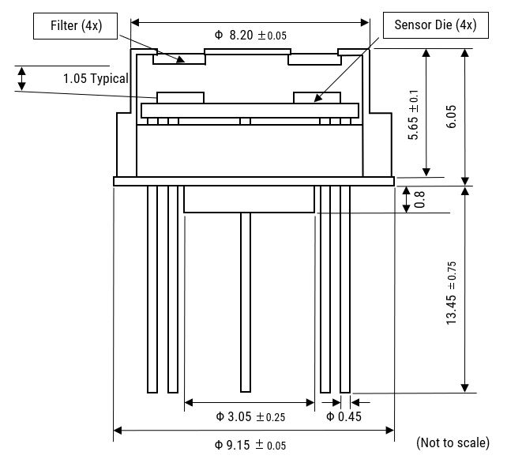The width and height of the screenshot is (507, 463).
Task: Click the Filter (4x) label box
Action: [75, 26]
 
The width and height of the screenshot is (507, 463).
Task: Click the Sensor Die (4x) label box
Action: [436, 25]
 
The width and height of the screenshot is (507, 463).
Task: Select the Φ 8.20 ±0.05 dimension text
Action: [250, 36]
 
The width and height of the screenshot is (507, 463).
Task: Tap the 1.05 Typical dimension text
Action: [96, 79]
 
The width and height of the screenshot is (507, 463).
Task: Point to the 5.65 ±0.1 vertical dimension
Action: [414, 115]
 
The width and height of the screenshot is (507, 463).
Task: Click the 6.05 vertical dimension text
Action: [452, 116]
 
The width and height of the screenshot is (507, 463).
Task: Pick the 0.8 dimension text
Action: [419, 199]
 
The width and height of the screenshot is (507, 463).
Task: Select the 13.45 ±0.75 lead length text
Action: [452, 293]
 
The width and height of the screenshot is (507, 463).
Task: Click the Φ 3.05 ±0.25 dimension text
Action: [250, 416]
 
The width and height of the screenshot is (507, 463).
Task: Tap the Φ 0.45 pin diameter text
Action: [344, 416]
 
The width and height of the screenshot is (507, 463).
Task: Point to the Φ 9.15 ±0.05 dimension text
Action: [250, 445]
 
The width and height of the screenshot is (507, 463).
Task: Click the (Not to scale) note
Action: [453, 442]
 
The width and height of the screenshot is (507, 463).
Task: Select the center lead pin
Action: [246, 302]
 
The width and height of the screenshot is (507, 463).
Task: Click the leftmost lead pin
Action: [152, 289]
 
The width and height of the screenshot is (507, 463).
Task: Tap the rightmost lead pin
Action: [345, 289]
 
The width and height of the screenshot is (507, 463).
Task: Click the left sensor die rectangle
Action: [180, 98]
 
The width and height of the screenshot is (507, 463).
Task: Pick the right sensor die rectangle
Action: [317, 98]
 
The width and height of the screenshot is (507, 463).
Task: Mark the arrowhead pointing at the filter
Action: [180, 59]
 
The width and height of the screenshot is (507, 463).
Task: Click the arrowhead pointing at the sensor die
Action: [318, 98]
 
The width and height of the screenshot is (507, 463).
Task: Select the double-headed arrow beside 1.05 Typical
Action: [21, 79]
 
